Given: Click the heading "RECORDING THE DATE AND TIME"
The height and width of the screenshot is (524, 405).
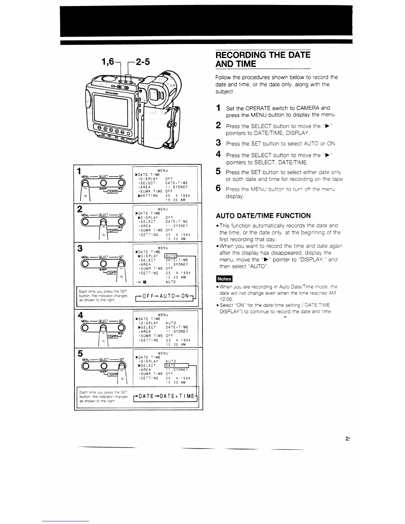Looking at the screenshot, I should point(263,59).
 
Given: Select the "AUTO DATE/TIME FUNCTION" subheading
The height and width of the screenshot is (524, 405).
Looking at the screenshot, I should point(263,216).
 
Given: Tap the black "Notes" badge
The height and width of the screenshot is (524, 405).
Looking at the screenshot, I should point(224,279).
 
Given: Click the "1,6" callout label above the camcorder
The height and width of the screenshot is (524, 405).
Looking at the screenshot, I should point(106,61).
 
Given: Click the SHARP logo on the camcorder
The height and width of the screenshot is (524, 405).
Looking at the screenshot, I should point(112,94).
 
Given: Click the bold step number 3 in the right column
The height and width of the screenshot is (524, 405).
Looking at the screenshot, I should point(218,143).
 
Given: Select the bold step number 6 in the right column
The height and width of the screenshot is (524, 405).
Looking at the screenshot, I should point(218,188).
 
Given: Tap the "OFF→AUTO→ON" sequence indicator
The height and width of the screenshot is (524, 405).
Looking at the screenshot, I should point(164,296).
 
